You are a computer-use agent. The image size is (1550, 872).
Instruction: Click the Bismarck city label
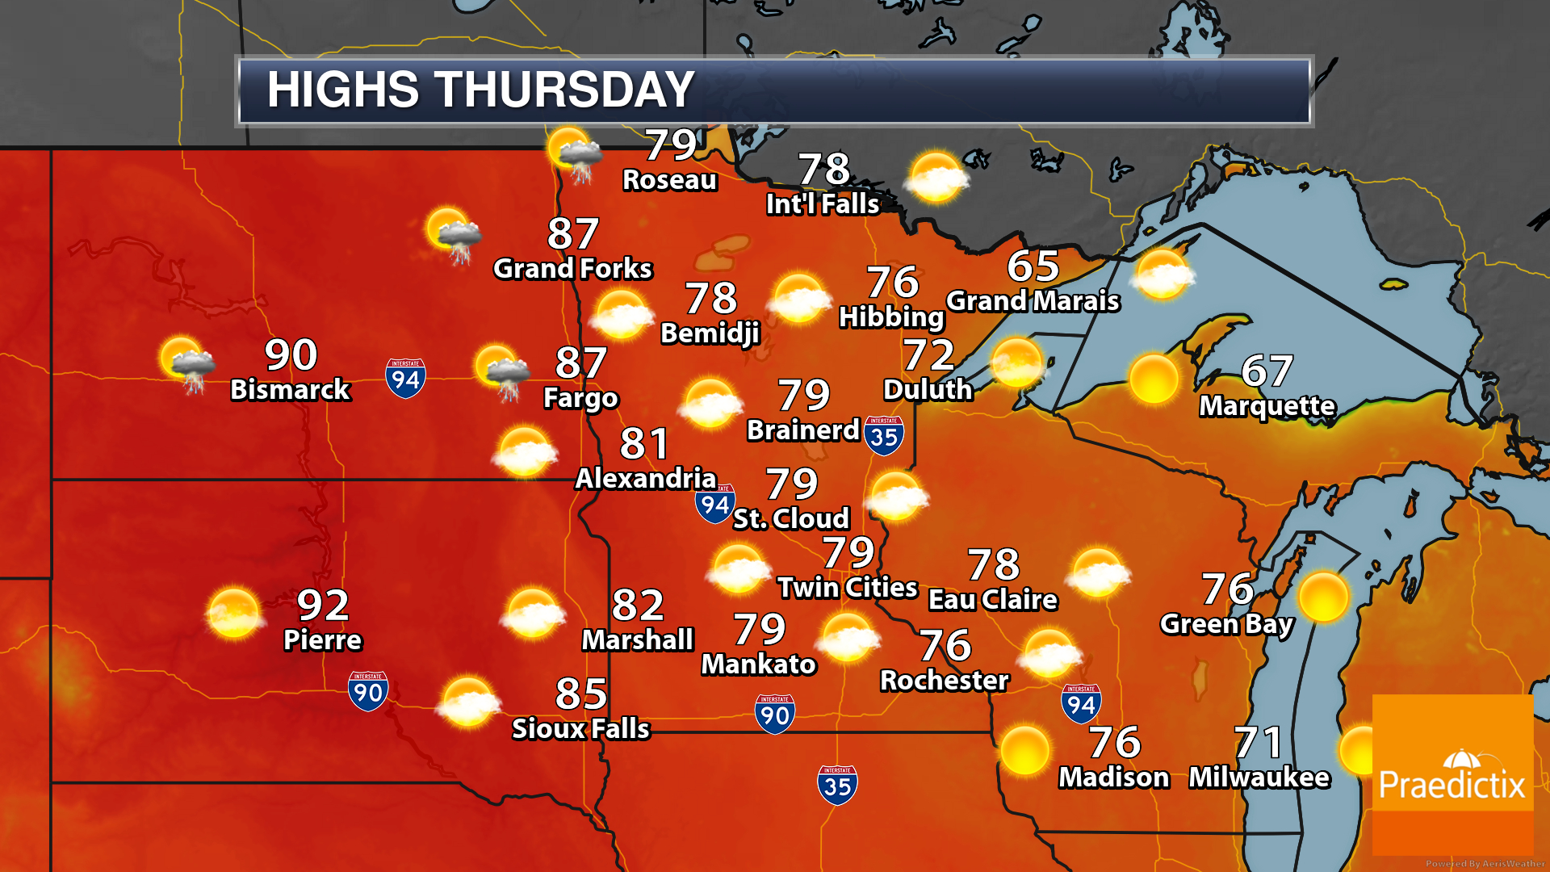click(x=290, y=390)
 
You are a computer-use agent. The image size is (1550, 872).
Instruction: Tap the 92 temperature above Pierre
click(x=323, y=604)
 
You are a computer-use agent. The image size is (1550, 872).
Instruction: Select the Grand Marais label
click(x=1033, y=301)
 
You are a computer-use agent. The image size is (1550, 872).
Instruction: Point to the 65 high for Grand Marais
click(x=1033, y=266)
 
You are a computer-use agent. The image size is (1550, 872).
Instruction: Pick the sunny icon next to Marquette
click(x=1154, y=378)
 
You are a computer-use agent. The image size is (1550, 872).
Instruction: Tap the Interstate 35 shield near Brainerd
click(x=884, y=435)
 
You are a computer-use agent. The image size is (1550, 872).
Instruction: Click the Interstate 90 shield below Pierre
click(x=368, y=691)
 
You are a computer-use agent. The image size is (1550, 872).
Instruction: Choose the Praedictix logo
click(x=1452, y=775)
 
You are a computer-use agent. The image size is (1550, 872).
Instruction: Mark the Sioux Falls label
click(x=580, y=729)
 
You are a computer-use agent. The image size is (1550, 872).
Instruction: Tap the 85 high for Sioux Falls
click(x=581, y=694)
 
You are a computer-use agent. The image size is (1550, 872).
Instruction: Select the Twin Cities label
click(x=848, y=588)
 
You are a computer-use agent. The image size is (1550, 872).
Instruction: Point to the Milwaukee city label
click(x=1259, y=778)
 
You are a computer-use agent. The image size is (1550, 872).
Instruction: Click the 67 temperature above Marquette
click(x=1267, y=371)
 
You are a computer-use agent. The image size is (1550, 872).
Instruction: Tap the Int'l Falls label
click(x=823, y=204)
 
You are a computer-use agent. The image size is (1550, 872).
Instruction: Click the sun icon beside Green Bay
click(x=1323, y=597)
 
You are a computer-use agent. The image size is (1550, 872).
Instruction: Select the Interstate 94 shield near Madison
click(x=1081, y=704)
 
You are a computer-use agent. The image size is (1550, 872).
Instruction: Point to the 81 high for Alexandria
click(x=644, y=443)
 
